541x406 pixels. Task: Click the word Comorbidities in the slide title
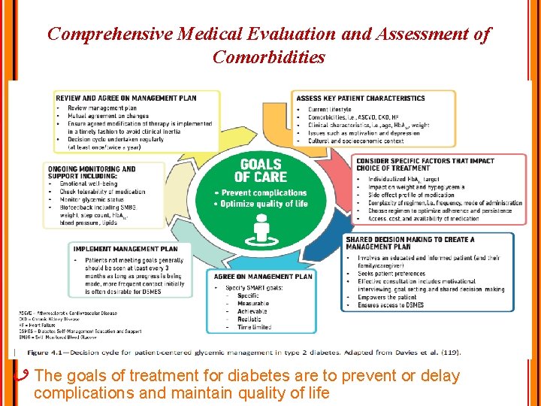(268, 57)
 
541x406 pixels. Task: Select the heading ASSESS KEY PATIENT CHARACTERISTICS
(361, 98)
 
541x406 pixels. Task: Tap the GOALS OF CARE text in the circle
(260, 170)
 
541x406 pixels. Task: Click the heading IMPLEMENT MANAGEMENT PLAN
(125, 249)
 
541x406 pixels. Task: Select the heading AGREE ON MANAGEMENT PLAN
(262, 276)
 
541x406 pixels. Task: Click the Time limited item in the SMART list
(254, 327)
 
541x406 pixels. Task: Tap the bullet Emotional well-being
(89, 183)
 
